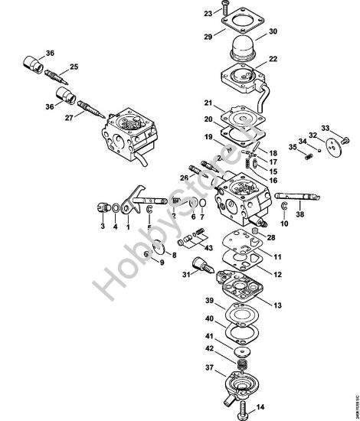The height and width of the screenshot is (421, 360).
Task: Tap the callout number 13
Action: click(277, 305)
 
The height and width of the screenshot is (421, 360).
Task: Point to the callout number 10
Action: click(283, 224)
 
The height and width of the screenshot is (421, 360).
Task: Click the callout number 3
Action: click(102, 227)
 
